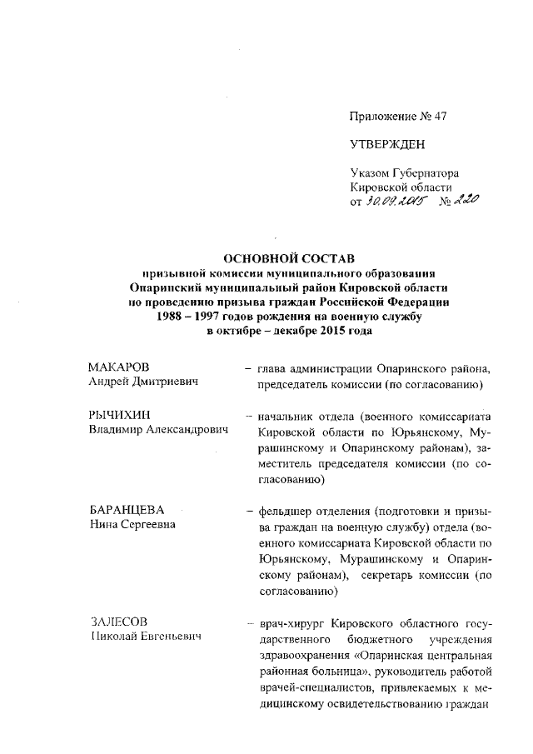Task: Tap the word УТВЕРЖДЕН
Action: (387, 145)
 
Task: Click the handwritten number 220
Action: (464, 199)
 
